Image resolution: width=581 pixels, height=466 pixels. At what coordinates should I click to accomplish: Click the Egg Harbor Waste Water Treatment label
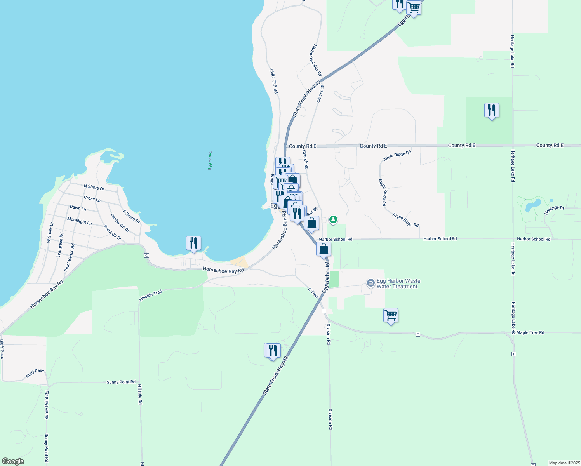click(398, 283)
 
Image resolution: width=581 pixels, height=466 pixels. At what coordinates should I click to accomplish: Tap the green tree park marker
click(333, 220)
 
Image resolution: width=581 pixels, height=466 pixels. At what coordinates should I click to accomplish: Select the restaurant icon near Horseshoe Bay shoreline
click(193, 243)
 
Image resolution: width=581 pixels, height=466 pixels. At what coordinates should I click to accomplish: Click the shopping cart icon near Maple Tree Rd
click(391, 315)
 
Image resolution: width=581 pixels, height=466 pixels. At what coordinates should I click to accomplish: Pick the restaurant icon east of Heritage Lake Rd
click(492, 111)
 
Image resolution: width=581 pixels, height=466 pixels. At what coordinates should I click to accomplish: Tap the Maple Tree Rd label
click(530, 333)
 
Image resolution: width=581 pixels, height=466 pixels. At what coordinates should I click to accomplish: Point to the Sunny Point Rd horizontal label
click(121, 382)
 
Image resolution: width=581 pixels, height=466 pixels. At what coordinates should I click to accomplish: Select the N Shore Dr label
click(94, 187)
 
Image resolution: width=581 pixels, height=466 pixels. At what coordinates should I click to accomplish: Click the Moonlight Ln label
click(79, 221)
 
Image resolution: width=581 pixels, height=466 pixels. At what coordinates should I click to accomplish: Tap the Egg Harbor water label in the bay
click(210, 160)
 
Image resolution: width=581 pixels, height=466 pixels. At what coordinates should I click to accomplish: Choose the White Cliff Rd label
click(273, 81)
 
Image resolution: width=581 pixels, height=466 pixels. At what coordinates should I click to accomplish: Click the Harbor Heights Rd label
click(316, 60)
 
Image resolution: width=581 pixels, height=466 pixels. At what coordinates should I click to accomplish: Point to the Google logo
click(13, 461)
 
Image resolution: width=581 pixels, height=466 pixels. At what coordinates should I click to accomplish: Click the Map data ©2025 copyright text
click(564, 463)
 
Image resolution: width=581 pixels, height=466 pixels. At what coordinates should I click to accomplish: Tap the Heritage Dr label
click(554, 210)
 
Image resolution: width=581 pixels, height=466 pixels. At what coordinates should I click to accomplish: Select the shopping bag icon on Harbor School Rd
click(324, 249)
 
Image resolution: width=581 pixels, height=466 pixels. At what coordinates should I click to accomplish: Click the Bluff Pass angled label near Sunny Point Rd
click(35, 374)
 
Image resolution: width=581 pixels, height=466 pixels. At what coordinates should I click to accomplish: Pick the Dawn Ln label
click(78, 208)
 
